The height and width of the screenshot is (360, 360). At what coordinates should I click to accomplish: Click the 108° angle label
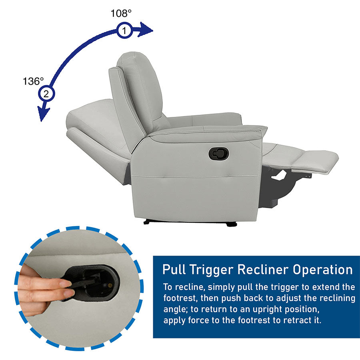(121, 13)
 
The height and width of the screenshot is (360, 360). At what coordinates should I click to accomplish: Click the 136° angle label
(33, 81)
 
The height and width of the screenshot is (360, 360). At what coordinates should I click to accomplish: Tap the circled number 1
(124, 30)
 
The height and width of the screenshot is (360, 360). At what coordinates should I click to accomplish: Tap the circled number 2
(46, 94)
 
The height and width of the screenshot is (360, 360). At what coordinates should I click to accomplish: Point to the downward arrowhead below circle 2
(43, 112)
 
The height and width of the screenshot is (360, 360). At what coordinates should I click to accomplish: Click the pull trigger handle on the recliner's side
(219, 154)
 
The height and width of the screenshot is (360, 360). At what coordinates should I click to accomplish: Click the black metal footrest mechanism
(278, 184)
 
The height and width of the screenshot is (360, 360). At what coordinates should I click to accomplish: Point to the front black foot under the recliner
(232, 224)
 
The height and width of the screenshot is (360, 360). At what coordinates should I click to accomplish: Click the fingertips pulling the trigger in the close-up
(66, 288)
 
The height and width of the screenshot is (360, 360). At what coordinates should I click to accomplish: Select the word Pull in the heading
(175, 269)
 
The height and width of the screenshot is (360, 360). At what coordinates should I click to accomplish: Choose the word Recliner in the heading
(263, 269)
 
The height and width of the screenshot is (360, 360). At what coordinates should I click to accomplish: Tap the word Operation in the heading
(322, 270)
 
